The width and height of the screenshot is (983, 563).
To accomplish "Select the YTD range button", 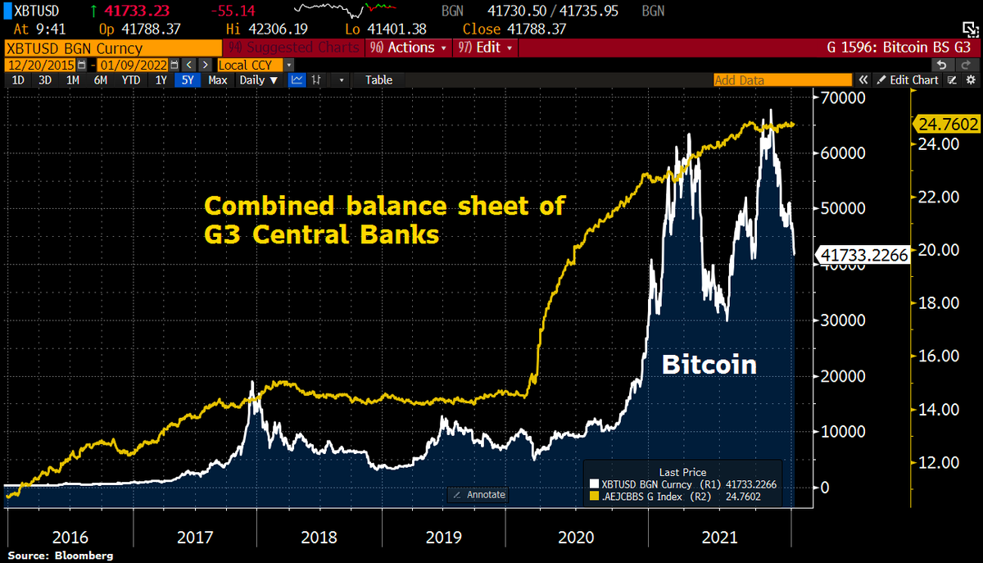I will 130,80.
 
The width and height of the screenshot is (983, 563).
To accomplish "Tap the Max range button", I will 218,80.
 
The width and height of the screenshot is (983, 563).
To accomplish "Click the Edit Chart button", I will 908,80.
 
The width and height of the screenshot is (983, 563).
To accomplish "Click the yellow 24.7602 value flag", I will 945,124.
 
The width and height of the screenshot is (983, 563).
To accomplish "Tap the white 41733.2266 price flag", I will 863,256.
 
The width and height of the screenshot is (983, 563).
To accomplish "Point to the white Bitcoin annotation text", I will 709,364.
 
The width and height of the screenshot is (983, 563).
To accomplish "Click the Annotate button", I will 480,495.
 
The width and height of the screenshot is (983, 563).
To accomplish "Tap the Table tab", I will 378,80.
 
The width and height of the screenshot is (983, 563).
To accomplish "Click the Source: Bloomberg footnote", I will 57,556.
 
